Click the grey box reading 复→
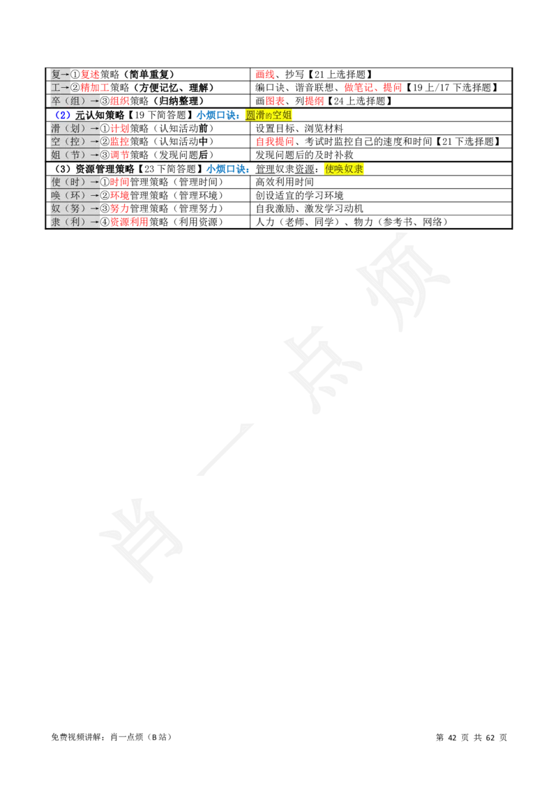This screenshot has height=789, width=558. pyautogui.click(x=60, y=74)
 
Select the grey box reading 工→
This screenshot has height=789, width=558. pyautogui.click(x=60, y=88)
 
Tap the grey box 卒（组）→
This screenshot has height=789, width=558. pyautogui.click(x=75, y=101)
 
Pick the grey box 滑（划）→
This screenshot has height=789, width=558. pyautogui.click(x=75, y=128)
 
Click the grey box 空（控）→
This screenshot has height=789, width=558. pyautogui.click(x=75, y=141)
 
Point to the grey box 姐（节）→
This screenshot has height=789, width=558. pyautogui.click(x=75, y=155)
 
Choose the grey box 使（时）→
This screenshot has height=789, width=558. pyautogui.click(x=75, y=182)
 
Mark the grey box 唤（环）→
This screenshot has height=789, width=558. pyautogui.click(x=75, y=195)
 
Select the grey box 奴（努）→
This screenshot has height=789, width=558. pyautogui.click(x=75, y=208)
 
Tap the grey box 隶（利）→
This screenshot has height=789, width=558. pyautogui.click(x=75, y=222)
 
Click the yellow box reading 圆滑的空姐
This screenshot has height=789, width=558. pyautogui.click(x=269, y=115)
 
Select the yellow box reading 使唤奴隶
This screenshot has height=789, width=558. pyautogui.click(x=345, y=169)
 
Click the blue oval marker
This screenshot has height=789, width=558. pyautogui.click(x=63, y=115)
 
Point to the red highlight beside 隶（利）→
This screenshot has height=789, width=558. pyautogui.click(x=130, y=222)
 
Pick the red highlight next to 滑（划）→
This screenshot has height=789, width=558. pyautogui.click(x=120, y=128)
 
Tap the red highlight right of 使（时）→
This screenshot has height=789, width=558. pyautogui.click(x=120, y=182)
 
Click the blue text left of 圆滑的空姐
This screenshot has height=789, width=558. pyautogui.click(x=219, y=115)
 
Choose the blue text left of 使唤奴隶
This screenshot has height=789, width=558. pyautogui.click(x=227, y=169)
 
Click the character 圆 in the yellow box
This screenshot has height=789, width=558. pyautogui.click(x=250, y=115)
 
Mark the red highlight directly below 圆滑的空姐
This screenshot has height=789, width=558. pyautogui.click(x=276, y=141)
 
